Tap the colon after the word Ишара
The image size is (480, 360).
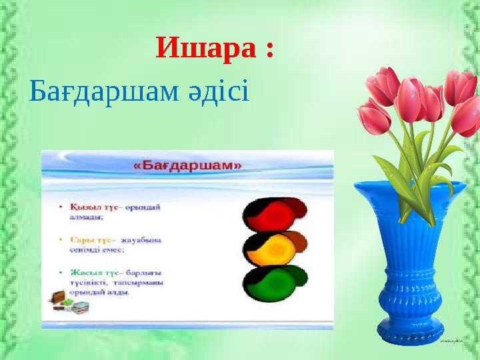coord(269,50)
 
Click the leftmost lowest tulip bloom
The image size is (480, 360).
coord(374,117)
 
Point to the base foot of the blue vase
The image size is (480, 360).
coord(410,332)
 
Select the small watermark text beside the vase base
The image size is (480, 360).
coord(455,340)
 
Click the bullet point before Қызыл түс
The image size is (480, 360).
coord(61,207)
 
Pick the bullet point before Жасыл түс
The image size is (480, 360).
coord(61,272)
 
